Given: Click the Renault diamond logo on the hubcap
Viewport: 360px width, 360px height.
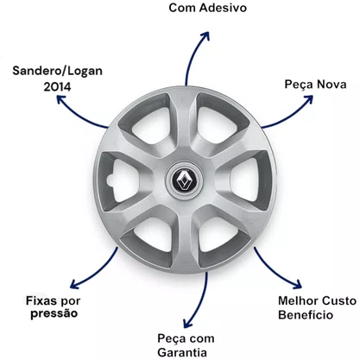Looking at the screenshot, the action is [x=184, y=180].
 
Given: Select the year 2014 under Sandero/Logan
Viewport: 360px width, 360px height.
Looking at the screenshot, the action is [x=57, y=86].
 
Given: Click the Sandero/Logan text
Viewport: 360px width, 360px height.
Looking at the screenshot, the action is [x=57, y=71].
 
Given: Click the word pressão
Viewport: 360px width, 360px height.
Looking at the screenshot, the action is [x=54, y=314].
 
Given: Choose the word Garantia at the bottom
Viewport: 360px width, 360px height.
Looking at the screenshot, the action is [x=182, y=352].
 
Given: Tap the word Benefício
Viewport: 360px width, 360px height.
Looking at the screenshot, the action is [x=306, y=314].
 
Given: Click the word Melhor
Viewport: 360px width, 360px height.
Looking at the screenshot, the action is [x=298, y=300].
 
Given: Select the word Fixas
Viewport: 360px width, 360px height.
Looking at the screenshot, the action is [x=41, y=300].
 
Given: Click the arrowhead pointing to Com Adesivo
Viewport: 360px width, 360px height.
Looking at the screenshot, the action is [x=205, y=36].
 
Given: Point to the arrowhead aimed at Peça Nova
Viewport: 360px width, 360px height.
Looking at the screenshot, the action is [x=307, y=100].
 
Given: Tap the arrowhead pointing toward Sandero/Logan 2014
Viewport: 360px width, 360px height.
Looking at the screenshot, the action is [x=61, y=100].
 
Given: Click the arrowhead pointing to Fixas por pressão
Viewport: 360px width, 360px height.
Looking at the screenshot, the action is [x=75, y=283].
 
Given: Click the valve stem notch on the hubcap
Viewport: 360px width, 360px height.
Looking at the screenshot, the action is [x=111, y=180].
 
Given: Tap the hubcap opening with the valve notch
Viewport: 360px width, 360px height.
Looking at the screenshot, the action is [x=123, y=180].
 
